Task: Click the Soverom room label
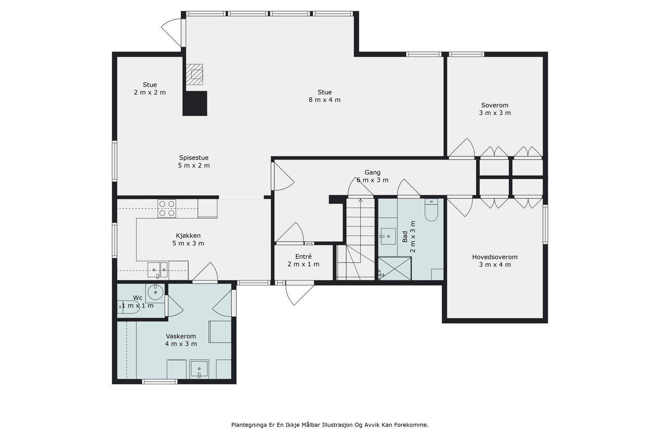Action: click(x=495, y=105)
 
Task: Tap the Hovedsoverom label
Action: click(x=495, y=257)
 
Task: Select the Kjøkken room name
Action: click(x=188, y=235)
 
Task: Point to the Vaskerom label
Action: click(x=181, y=336)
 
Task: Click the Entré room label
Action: click(x=303, y=256)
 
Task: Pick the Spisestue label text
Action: click(x=193, y=158)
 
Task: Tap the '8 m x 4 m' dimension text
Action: click(x=324, y=100)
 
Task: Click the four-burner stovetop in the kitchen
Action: click(x=167, y=209)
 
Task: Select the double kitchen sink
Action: click(x=158, y=270)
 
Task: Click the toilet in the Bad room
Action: click(x=431, y=210)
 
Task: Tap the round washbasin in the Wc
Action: click(x=155, y=293)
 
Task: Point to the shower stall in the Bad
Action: click(x=394, y=268)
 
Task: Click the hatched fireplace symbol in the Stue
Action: click(x=194, y=74)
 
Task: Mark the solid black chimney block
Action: click(x=195, y=104)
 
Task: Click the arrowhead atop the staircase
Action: click(x=361, y=200)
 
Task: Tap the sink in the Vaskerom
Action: click(x=199, y=369)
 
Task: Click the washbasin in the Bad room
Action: click(x=388, y=236)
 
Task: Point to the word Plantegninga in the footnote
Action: click(x=249, y=425)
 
